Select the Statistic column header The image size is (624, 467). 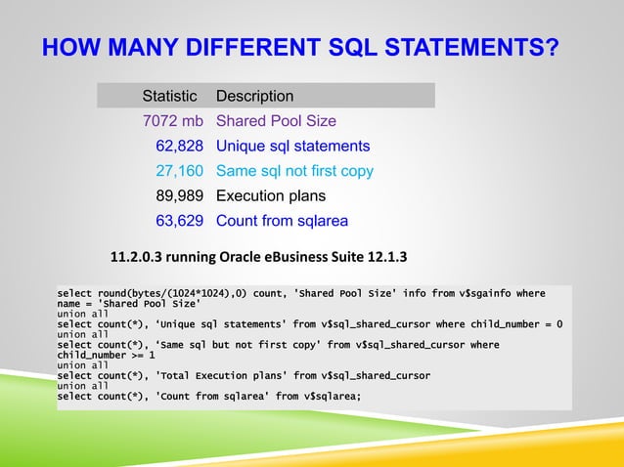(x=169, y=97)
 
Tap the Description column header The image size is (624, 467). (x=254, y=97)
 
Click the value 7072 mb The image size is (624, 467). (x=170, y=121)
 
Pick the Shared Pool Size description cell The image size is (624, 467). (x=276, y=121)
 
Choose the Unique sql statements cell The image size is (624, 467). (x=292, y=147)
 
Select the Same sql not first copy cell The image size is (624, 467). (x=294, y=171)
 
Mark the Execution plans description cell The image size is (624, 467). (x=271, y=195)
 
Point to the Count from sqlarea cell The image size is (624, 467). (x=282, y=220)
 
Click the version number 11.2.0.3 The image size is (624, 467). (x=138, y=258)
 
